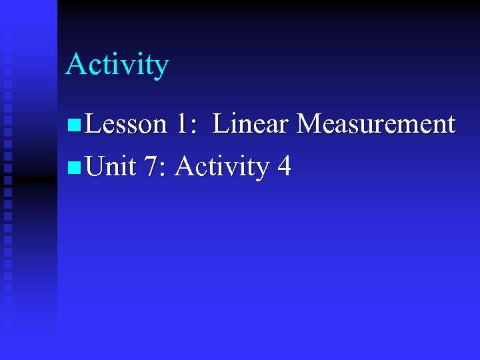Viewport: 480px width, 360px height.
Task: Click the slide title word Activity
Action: coord(117,65)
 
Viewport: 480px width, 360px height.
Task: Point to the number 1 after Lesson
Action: coord(183,124)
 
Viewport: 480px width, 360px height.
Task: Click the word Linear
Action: coord(251,124)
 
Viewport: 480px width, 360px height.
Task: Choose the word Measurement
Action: coord(376,124)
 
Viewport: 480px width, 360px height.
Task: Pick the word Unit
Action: coord(111,167)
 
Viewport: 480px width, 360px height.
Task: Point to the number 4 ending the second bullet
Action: coord(284,167)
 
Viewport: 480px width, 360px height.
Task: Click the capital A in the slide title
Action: coord(75,64)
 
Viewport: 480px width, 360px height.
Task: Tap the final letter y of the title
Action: coord(161,68)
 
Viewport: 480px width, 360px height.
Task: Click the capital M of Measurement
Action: coord(309,124)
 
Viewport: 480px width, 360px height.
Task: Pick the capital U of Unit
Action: coord(95,167)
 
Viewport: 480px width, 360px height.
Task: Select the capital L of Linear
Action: coord(221,124)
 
